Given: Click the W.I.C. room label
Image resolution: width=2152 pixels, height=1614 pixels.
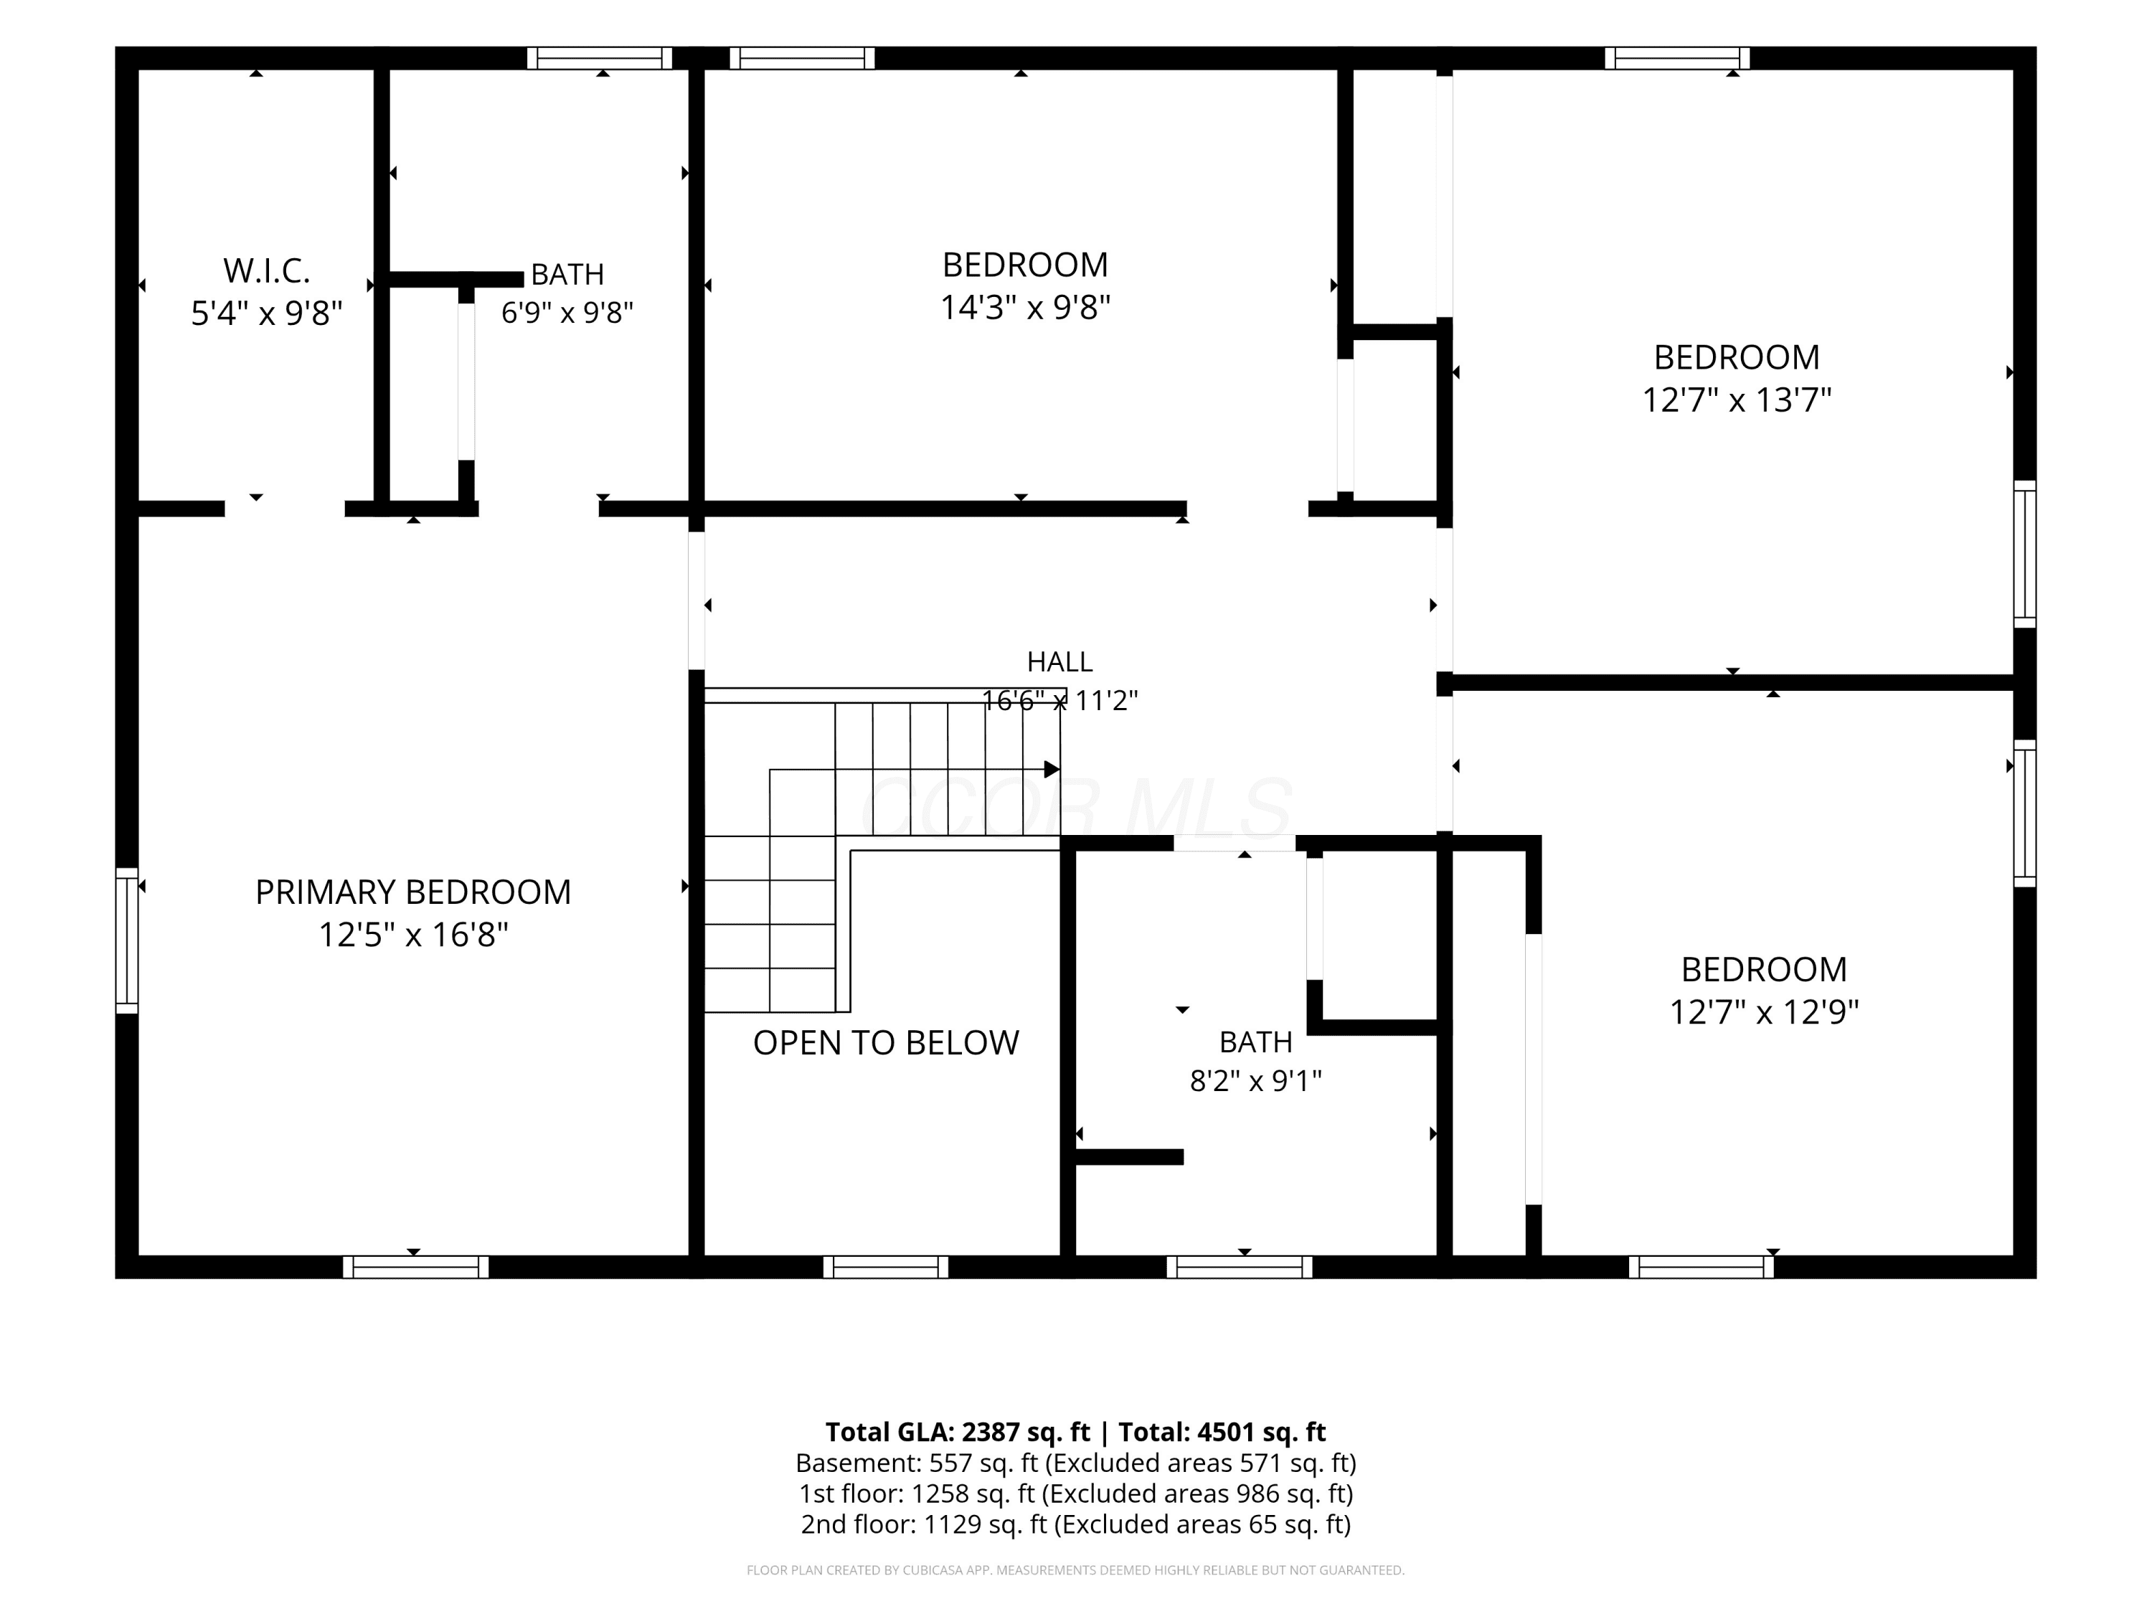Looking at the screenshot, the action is tap(267, 270).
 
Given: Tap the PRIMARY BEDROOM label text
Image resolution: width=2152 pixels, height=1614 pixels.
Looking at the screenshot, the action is tap(413, 892).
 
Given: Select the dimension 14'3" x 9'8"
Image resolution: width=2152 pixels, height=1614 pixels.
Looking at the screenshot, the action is tap(1025, 308).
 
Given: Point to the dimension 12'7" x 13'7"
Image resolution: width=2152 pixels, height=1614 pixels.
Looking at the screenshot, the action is tap(1737, 400).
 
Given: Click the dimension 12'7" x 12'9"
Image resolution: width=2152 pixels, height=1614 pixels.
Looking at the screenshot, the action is tap(1764, 1011).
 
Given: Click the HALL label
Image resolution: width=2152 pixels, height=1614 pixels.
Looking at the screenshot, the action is tap(1060, 661).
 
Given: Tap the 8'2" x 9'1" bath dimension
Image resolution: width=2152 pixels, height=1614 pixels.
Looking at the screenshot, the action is tap(1256, 1081).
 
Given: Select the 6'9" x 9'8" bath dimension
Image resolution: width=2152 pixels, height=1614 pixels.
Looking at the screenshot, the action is tap(567, 313).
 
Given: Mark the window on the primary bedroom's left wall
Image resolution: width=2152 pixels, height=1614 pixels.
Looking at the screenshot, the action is tap(126, 940).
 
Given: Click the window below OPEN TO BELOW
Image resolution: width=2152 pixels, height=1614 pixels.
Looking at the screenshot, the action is tap(885, 1267).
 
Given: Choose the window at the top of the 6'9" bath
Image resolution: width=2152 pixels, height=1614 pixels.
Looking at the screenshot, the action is tap(599, 58).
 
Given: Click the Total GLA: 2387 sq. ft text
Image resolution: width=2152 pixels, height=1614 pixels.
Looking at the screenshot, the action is tap(958, 1432).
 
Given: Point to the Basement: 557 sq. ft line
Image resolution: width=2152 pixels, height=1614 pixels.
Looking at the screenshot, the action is tap(1076, 1463).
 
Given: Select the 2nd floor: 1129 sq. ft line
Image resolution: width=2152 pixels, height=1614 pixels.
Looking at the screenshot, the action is tap(1076, 1524).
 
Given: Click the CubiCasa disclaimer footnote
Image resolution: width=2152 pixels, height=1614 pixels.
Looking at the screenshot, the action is tap(1076, 1570).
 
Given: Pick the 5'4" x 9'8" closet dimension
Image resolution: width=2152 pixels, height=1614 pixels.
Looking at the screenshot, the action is tap(267, 313).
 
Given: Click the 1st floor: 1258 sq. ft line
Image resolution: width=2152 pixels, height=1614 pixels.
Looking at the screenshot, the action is tap(1076, 1493).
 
